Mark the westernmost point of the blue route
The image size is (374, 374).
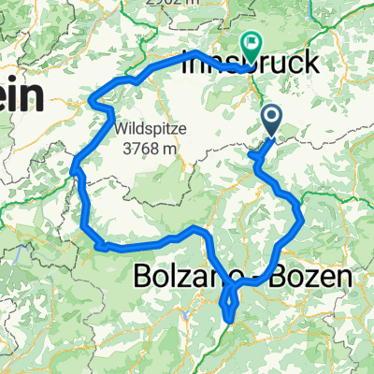pyautogui.click(x=73, y=168)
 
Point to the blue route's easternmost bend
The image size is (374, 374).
pyautogui.click(x=301, y=220)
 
